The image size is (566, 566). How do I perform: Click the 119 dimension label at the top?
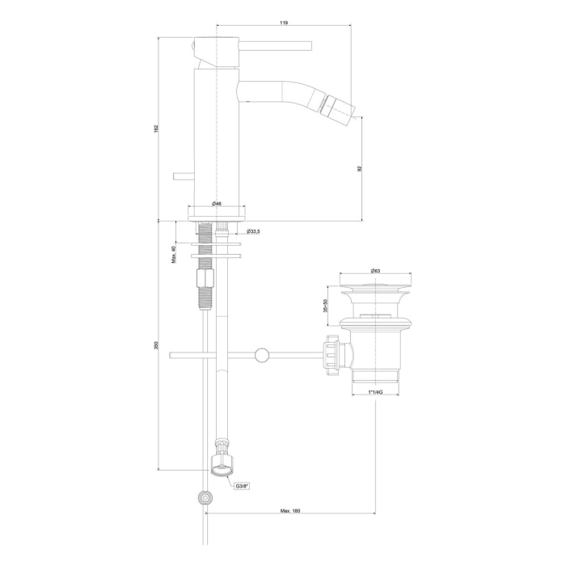tap(284, 23)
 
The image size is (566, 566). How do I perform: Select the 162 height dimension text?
tap(156, 128)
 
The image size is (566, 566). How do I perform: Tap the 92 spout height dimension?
tap(360, 168)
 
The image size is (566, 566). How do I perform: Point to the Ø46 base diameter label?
tap(217, 204)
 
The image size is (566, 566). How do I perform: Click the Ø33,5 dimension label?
tap(253, 231)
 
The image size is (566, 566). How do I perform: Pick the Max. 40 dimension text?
tap(173, 255)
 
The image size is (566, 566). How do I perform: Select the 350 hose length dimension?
tap(156, 345)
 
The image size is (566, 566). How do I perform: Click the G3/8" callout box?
tap(243, 486)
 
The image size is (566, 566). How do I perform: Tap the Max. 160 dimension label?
tap(290, 511)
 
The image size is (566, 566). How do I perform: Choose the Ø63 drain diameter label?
tap(375, 271)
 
